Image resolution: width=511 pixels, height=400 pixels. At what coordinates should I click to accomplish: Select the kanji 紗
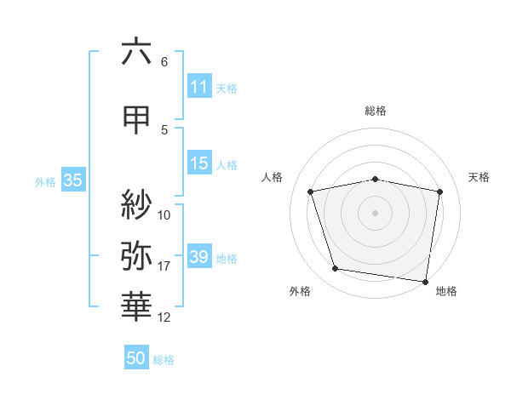coord(136,203)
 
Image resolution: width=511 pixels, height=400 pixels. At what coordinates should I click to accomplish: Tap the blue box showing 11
coord(199,87)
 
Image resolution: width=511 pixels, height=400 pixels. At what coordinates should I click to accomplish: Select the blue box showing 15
coord(199,163)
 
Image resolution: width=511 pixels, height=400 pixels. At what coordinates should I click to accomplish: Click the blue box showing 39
coord(199,257)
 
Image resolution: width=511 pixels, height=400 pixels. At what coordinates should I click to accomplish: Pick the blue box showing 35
coord(72,180)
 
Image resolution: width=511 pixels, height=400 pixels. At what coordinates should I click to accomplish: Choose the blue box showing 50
coord(136,358)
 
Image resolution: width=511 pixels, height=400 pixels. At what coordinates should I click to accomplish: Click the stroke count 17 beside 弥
coord(164,266)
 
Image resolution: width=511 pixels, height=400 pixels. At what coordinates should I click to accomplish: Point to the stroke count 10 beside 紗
coord(164,214)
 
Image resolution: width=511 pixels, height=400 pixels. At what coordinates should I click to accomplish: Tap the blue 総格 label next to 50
coord(164,360)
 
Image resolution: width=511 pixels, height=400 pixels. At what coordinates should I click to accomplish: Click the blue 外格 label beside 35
coord(45,181)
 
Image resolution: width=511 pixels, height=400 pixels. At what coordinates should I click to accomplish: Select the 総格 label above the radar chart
coord(376,111)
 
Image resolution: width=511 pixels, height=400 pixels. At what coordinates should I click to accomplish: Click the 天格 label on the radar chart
coord(479,177)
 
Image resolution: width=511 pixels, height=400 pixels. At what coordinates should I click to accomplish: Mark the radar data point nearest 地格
coord(425,281)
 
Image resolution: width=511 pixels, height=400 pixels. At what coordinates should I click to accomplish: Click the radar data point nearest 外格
coord(336,269)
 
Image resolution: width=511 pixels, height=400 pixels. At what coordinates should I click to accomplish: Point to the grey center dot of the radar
coord(376,212)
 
